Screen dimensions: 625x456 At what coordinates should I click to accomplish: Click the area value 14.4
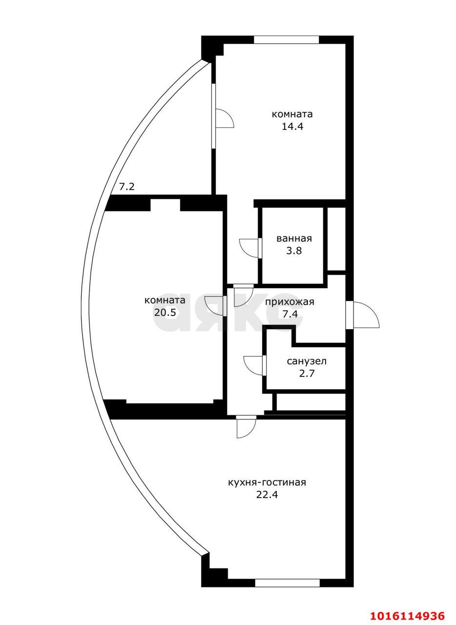click(x=292, y=126)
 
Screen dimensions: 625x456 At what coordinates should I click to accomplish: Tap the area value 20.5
click(x=165, y=312)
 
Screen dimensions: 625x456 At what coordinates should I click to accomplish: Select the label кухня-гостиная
click(x=267, y=482)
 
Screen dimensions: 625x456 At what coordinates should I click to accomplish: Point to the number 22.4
click(x=267, y=495)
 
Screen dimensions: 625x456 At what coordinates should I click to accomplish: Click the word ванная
click(x=294, y=239)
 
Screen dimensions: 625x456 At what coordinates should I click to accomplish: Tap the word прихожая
click(x=290, y=302)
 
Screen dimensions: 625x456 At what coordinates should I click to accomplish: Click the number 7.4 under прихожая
click(x=290, y=314)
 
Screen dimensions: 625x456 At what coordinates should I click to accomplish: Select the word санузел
click(x=307, y=361)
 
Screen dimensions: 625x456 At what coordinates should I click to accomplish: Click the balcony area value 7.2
click(x=127, y=187)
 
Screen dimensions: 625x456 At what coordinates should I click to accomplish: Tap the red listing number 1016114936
click(x=408, y=615)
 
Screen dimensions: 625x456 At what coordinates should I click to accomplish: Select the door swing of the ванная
click(x=249, y=248)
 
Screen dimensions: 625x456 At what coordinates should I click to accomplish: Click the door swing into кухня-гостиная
click(x=246, y=428)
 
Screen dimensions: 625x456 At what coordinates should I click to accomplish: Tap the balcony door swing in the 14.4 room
click(x=224, y=118)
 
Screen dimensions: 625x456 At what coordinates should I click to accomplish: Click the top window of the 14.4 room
click(x=287, y=40)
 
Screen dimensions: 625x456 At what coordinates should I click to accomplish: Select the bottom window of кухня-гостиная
click(x=287, y=583)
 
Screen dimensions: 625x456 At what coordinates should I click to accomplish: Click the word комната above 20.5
click(x=165, y=300)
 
